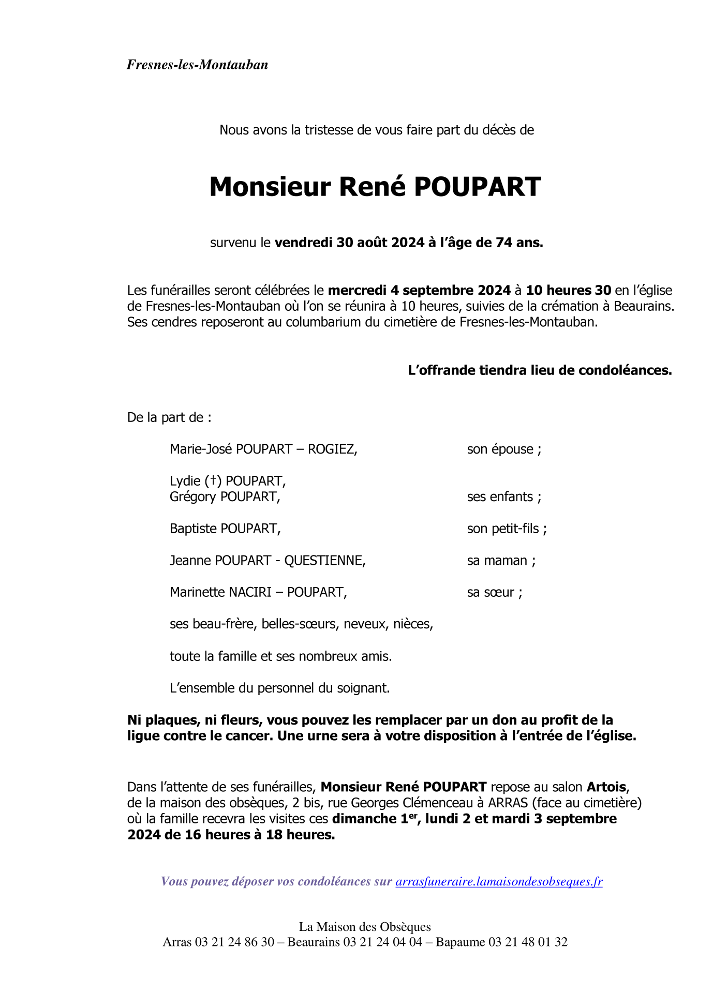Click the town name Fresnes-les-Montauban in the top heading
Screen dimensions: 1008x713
197,65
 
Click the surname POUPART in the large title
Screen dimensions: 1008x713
477,187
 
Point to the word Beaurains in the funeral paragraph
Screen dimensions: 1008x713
643,306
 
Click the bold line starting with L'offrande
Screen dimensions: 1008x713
540,370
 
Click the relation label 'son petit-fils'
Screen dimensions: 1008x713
507,529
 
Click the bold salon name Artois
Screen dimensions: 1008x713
606,787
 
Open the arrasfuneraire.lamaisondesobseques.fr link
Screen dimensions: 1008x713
499,881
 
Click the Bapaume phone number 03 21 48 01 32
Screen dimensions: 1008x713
528,942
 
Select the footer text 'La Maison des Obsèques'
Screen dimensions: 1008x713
365,927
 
